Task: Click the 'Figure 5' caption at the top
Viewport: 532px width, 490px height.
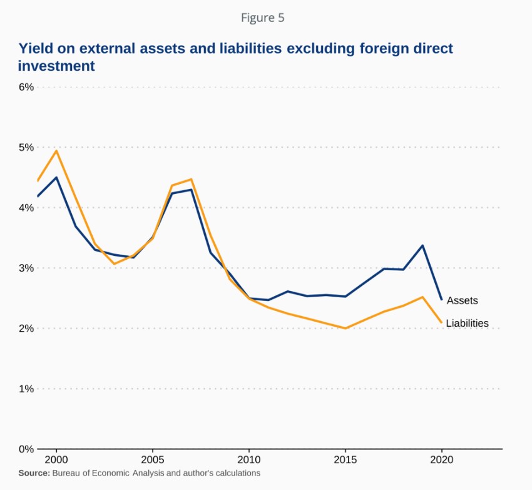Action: click(x=263, y=18)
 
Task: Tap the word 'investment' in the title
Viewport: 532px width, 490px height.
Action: click(x=56, y=66)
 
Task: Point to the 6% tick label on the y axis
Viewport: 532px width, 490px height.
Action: click(x=25, y=87)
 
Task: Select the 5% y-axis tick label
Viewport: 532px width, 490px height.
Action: click(x=25, y=148)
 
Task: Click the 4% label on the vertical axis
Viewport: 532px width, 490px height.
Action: click(x=25, y=208)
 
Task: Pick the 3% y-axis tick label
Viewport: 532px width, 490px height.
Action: click(x=25, y=268)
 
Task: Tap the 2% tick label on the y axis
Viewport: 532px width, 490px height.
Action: click(x=25, y=329)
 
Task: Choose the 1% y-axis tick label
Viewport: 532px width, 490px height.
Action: click(x=25, y=389)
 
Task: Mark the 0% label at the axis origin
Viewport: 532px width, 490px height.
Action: click(x=25, y=449)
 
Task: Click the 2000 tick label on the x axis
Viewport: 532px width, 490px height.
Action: click(x=56, y=459)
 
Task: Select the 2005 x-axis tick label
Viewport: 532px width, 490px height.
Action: click(x=153, y=459)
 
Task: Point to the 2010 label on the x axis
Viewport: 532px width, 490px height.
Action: click(x=249, y=459)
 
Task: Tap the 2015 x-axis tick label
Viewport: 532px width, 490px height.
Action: click(x=345, y=459)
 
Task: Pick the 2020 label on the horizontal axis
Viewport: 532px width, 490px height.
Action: click(x=442, y=459)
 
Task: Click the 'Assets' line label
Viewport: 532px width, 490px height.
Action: click(x=462, y=300)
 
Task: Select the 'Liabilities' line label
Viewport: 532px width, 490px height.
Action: click(x=467, y=324)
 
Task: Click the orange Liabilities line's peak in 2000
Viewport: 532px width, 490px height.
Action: click(x=56, y=151)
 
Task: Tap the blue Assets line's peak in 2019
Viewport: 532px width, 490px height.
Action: click(x=422, y=245)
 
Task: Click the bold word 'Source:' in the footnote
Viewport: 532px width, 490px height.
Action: click(x=34, y=473)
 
